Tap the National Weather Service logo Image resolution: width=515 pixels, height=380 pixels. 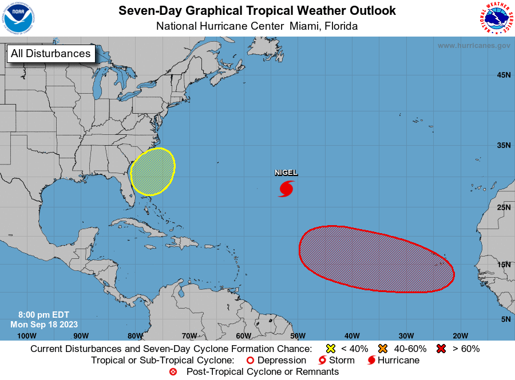[496, 18]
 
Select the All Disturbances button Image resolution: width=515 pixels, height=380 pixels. [51, 54]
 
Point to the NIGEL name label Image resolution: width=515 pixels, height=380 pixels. [286, 173]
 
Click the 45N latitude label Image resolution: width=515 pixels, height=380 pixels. [504, 75]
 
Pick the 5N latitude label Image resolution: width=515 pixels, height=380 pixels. [505, 319]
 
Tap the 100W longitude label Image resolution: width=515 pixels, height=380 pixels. [27, 335]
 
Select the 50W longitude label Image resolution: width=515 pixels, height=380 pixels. [297, 335]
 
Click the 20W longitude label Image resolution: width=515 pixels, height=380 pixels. [460, 335]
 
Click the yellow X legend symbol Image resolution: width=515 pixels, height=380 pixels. [330, 349]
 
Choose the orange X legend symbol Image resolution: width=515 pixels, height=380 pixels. [383, 349]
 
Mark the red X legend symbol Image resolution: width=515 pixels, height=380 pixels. [442, 349]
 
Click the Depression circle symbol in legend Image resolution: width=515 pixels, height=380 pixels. [249, 361]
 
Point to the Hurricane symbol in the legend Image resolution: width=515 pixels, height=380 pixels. [371, 361]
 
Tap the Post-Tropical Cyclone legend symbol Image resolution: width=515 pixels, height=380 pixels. [173, 372]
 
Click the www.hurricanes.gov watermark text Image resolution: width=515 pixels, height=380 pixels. [474, 45]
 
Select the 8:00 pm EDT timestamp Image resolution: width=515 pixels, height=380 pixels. [44, 315]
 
